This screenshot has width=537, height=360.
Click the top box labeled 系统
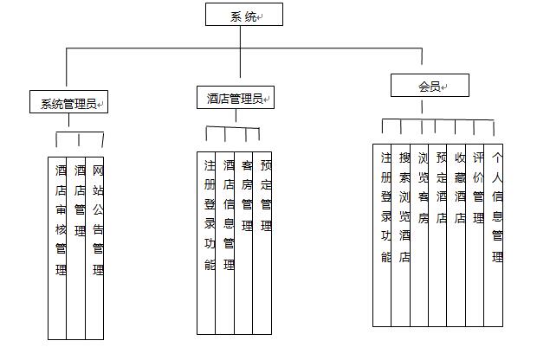tap(244, 15)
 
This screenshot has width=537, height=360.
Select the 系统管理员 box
tap(68, 101)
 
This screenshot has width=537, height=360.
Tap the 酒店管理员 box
tap(236, 98)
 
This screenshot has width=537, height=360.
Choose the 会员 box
tap(430, 85)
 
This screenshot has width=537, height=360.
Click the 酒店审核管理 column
tap(57, 248)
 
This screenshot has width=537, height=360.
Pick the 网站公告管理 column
tap(94, 248)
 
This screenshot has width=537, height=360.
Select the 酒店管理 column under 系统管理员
tap(75, 248)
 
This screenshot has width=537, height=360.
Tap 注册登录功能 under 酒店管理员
tap(206, 243)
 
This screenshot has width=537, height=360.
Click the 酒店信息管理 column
tap(225, 243)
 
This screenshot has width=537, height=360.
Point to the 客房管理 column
tap(243, 243)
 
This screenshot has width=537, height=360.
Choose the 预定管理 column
tap(262, 243)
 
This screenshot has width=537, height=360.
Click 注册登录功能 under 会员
tap(382, 235)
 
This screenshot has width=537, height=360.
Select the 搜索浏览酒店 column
tap(401, 235)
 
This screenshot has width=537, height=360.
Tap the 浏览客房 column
tap(419, 235)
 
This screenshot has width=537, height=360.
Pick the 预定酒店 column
tap(437, 235)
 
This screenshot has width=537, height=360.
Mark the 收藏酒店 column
tap(456, 235)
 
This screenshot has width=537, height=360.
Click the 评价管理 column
tap(475, 235)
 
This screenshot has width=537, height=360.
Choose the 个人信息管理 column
tap(494, 235)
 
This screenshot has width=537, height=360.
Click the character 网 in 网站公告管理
tap(98, 170)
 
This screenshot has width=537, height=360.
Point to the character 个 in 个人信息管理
tap(497, 157)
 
